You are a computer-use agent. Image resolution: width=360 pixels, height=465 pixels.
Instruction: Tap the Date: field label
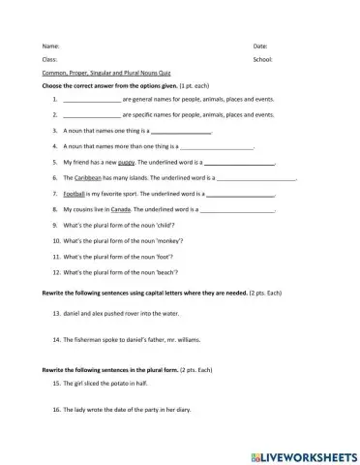[260, 46]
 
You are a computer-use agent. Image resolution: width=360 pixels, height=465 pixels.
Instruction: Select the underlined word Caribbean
[89, 179]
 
